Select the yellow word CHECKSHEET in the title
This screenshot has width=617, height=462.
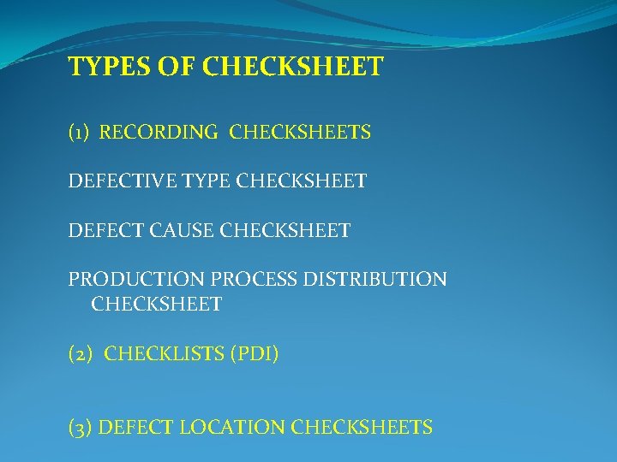[x=293, y=67]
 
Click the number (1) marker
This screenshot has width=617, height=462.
[x=81, y=133]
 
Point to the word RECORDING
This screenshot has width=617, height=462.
[x=159, y=133]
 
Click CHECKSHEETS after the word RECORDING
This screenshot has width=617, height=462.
[x=300, y=133]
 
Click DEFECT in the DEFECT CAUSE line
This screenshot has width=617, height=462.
[x=99, y=230]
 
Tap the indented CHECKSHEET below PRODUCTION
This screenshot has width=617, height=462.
[x=156, y=304]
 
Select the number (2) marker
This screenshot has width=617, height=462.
[x=82, y=353]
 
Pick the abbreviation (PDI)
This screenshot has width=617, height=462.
[x=254, y=353]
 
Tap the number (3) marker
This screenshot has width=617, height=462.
[x=81, y=427]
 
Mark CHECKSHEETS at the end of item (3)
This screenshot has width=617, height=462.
[x=362, y=427]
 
